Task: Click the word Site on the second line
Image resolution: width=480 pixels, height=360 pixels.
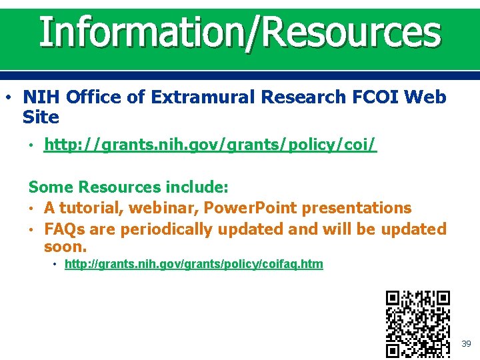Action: tap(41, 117)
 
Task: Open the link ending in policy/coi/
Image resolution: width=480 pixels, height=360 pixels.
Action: tap(210, 145)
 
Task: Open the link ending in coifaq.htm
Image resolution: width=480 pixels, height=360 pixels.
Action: tap(193, 264)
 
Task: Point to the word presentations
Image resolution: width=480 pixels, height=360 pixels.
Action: tap(357, 207)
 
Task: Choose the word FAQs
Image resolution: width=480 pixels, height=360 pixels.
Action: tap(64, 229)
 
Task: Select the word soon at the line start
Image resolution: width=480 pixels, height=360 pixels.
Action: tap(65, 246)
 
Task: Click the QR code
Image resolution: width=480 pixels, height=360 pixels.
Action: tap(418, 324)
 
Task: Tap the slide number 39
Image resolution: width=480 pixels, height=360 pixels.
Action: tap(466, 343)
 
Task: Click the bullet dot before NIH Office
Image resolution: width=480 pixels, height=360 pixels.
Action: tap(7, 97)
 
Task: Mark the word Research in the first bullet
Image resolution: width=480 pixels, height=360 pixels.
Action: tap(303, 97)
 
